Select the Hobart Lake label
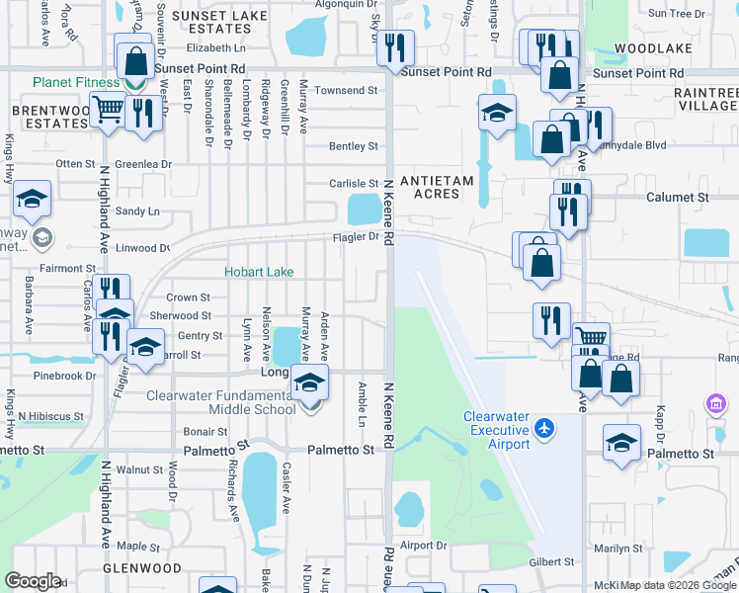click(x=258, y=272)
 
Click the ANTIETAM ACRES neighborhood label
click(x=430, y=187)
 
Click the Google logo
click(x=33, y=581)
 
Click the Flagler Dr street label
click(x=356, y=237)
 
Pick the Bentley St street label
click(x=354, y=146)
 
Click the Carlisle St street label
click(x=354, y=184)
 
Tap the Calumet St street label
click(x=678, y=198)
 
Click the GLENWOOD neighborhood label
click(x=142, y=568)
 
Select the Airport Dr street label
click(x=424, y=545)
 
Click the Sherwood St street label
click(x=180, y=316)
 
